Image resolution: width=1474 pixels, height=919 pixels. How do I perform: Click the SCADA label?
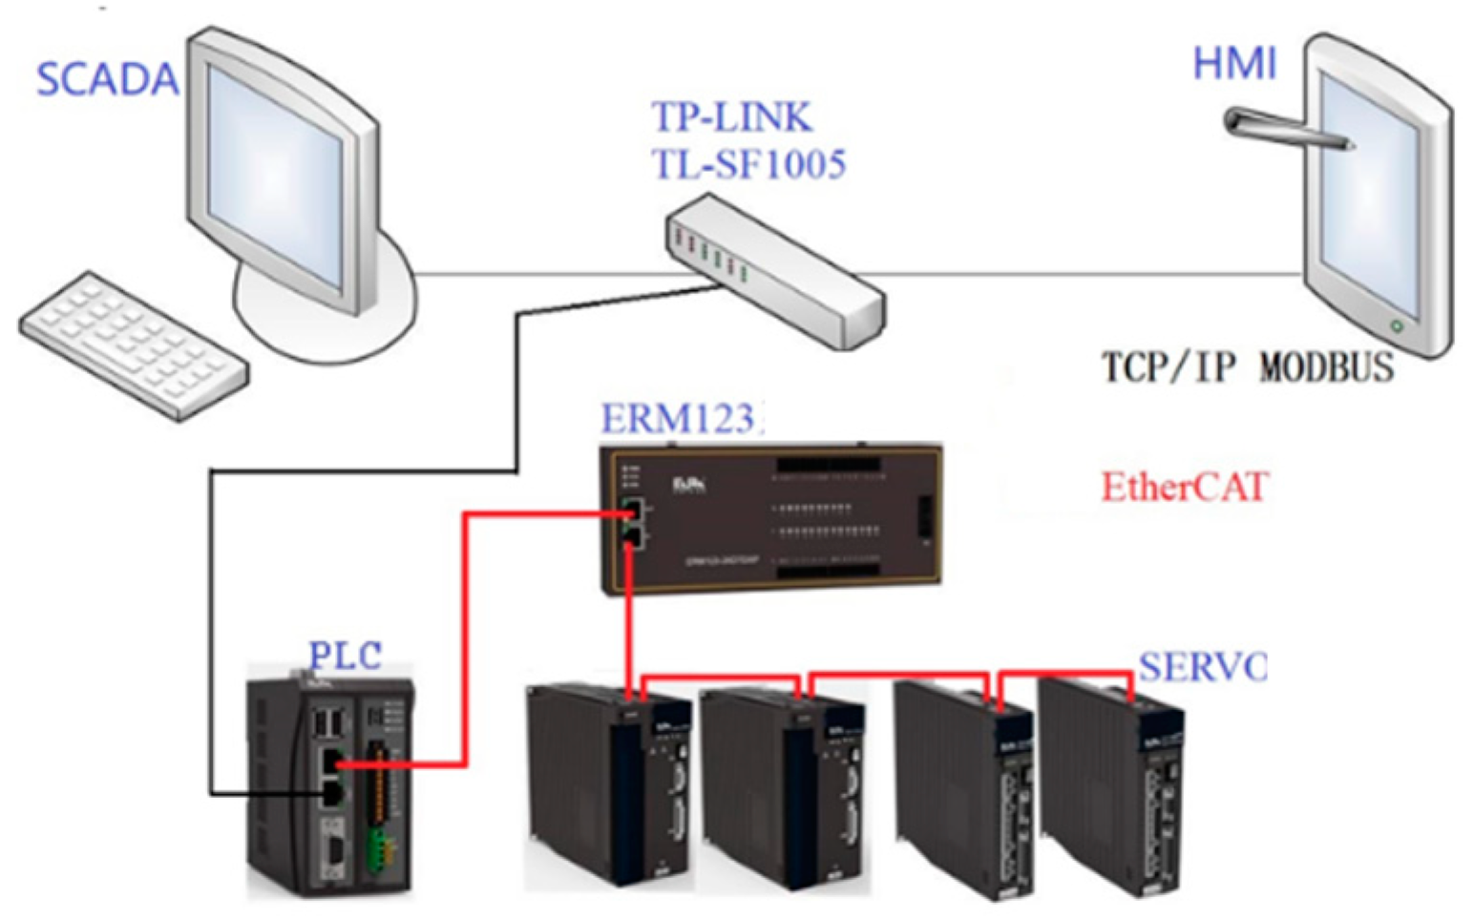(x=107, y=79)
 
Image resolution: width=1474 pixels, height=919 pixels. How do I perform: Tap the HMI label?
(x=1233, y=64)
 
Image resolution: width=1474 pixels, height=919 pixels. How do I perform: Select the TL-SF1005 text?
(x=748, y=164)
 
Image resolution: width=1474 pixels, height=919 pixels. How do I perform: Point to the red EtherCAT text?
(x=1184, y=487)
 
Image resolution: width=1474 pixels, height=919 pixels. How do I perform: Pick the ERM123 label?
(x=680, y=418)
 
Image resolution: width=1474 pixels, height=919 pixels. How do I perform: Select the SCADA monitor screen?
(x=277, y=177)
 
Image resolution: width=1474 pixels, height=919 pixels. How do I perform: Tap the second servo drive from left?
(x=783, y=787)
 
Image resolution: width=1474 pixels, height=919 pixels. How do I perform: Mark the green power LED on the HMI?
(x=1396, y=326)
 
